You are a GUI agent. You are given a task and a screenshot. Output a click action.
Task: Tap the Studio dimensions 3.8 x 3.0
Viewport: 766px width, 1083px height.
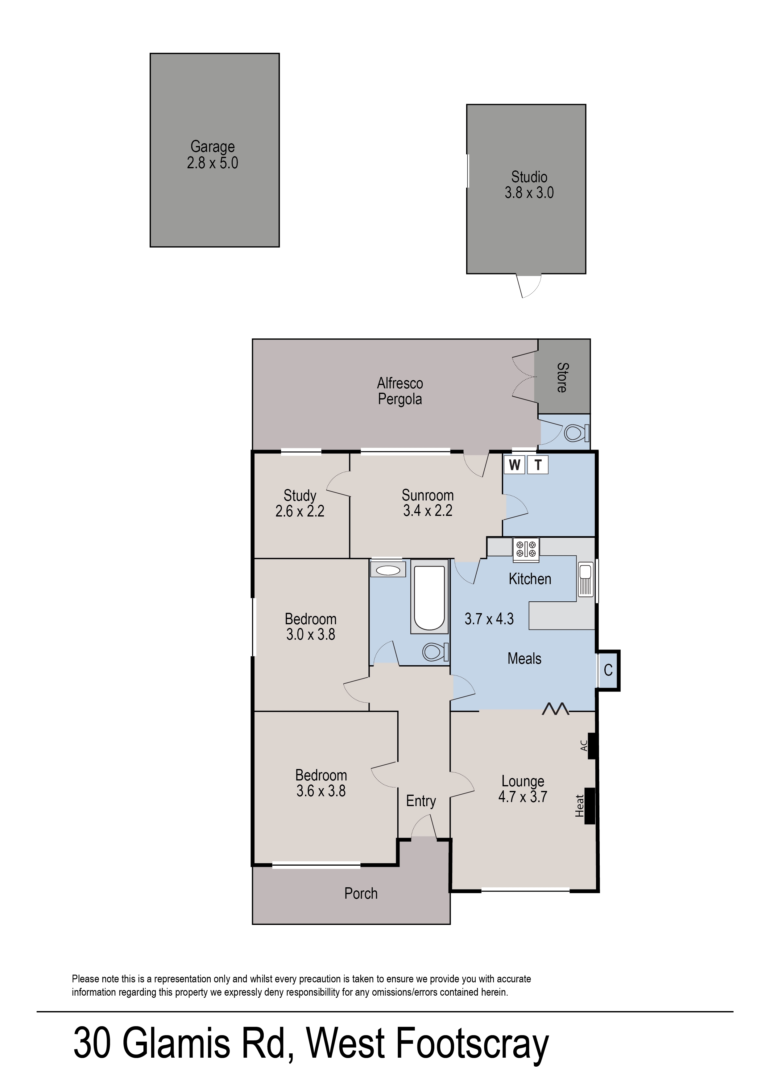(529, 193)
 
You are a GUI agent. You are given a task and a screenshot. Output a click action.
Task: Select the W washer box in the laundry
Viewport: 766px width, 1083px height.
(514, 465)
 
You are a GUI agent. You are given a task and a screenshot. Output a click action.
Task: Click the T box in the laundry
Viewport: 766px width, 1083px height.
(538, 465)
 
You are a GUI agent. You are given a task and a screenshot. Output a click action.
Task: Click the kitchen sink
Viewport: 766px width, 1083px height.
(585, 579)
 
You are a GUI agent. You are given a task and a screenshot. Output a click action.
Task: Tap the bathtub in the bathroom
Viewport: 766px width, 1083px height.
(429, 597)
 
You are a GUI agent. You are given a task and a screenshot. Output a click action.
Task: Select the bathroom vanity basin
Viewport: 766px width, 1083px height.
(388, 570)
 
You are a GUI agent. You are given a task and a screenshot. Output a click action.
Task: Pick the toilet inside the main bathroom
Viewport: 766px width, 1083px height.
(435, 652)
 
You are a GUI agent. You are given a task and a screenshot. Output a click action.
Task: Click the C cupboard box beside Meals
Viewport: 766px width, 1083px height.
(608, 670)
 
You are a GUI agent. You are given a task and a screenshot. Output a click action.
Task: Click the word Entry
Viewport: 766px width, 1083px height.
(421, 801)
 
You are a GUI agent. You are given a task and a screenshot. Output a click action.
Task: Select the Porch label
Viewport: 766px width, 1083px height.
(361, 893)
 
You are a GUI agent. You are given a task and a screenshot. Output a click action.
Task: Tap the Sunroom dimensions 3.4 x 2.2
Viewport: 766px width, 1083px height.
(427, 511)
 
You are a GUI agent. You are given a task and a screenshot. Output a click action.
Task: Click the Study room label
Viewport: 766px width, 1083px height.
(300, 496)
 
